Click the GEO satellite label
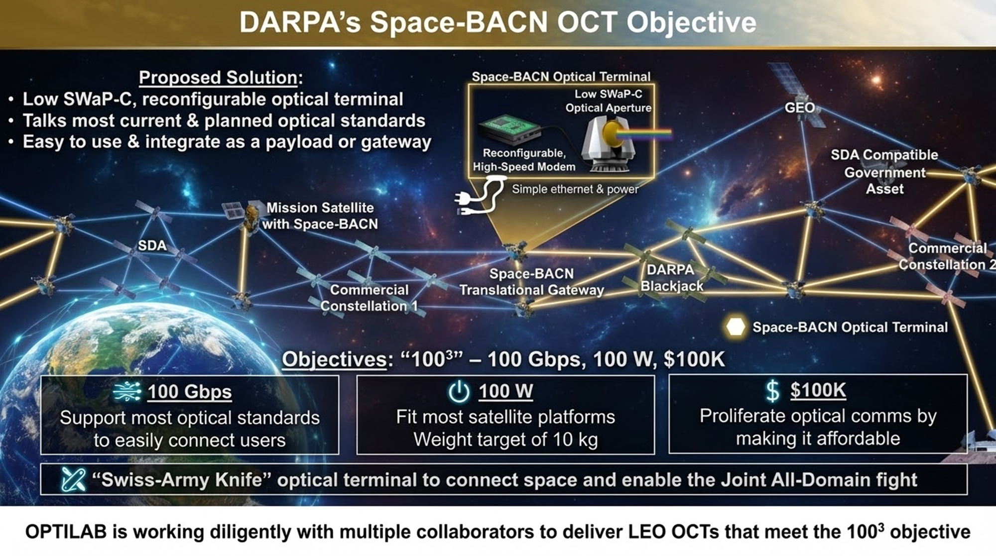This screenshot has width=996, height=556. pyautogui.click(x=800, y=108)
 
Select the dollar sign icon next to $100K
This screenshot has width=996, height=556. pyautogui.click(x=772, y=391)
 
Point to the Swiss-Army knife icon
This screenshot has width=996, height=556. pyautogui.click(x=73, y=480)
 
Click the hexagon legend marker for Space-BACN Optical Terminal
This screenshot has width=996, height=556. pyautogui.click(x=736, y=327)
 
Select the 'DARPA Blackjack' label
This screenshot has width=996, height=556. pyautogui.click(x=671, y=278)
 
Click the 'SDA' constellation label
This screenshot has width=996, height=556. pyautogui.click(x=152, y=245)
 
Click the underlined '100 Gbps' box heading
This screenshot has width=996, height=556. pyautogui.click(x=189, y=392)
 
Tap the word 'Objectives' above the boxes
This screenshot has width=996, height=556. pyautogui.click(x=334, y=359)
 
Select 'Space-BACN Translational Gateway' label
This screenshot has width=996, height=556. pyautogui.click(x=531, y=282)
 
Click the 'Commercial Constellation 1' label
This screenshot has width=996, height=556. pyautogui.click(x=369, y=298)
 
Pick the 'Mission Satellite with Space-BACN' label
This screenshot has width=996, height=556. pyautogui.click(x=320, y=216)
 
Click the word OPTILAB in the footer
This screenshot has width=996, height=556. pyautogui.click(x=66, y=532)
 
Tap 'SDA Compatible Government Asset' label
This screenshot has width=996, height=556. pyautogui.click(x=884, y=172)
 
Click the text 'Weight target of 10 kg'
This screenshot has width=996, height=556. pyautogui.click(x=505, y=440)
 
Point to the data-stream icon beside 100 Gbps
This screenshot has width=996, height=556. pyautogui.click(x=127, y=392)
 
